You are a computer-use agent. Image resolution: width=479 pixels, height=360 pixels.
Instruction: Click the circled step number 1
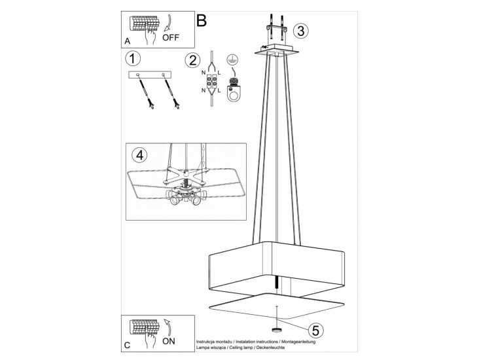click(133, 58)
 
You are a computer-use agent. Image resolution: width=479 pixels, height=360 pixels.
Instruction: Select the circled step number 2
click(192, 60)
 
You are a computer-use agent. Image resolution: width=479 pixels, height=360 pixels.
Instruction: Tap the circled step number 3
click(300, 31)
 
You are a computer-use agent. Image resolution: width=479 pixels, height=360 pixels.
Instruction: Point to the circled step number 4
click(139, 155)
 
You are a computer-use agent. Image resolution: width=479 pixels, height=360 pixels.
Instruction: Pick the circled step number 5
click(315, 331)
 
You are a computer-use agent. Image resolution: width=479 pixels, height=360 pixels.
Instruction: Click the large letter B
click(202, 20)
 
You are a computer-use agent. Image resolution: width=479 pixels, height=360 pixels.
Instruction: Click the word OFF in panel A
click(171, 38)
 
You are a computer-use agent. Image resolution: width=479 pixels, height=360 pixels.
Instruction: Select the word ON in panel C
click(169, 341)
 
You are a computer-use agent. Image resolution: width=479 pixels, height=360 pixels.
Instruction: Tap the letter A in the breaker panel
click(128, 41)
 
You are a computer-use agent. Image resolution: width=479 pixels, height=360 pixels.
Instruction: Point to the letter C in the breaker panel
click(128, 346)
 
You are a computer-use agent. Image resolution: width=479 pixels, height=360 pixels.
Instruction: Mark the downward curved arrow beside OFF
click(168, 23)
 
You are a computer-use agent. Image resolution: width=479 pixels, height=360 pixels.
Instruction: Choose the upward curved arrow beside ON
click(168, 327)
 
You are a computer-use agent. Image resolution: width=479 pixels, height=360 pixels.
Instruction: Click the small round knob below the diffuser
click(277, 329)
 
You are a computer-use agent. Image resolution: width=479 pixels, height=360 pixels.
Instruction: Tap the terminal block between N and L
click(212, 81)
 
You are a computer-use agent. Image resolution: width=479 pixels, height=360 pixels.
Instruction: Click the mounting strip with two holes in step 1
click(150, 75)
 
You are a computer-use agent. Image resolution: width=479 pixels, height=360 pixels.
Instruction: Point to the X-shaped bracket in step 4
click(185, 175)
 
